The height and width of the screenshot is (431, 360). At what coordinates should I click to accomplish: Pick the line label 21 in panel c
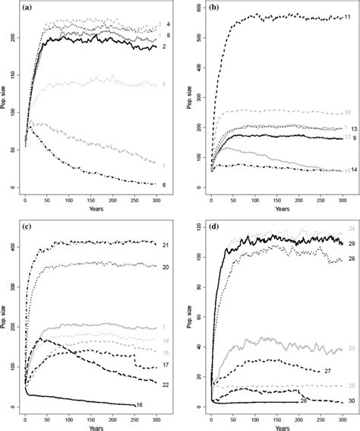point(165,245)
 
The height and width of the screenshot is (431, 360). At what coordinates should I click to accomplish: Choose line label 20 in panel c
point(165,267)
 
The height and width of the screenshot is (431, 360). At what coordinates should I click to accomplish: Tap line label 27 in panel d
point(327,370)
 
